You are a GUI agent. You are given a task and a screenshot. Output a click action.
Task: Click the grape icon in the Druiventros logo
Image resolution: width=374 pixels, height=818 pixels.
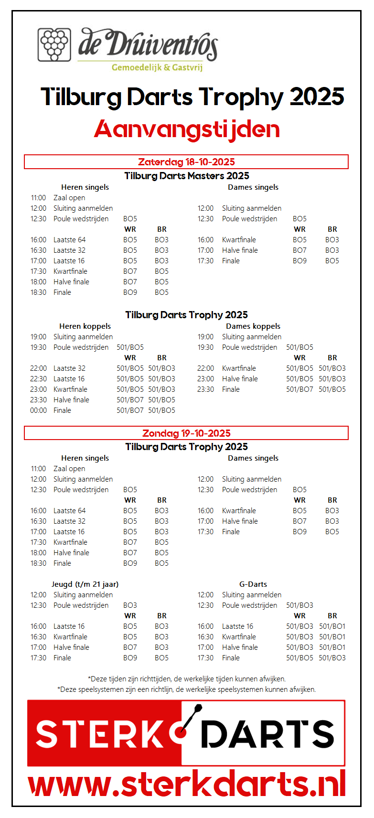(54, 44)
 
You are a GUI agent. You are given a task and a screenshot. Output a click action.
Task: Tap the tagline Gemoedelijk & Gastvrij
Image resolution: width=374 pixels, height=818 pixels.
(157, 67)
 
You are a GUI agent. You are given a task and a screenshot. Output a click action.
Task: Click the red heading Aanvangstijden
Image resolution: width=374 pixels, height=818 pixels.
(187, 129)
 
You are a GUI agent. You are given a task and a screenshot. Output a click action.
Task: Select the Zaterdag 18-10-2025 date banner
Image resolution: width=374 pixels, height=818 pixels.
(186, 162)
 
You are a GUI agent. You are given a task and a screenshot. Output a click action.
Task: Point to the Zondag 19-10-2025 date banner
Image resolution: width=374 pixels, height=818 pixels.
(186, 433)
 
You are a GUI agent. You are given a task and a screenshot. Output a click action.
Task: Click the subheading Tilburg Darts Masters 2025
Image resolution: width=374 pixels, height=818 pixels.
(187, 176)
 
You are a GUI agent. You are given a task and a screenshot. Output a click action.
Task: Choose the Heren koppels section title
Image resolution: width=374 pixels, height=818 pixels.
(85, 326)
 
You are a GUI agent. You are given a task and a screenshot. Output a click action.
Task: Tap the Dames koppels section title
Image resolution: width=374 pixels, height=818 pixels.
(253, 326)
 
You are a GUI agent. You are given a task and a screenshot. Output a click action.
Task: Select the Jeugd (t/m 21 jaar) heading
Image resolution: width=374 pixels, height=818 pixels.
(85, 584)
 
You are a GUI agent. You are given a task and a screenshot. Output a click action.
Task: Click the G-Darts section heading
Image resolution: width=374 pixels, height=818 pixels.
(253, 584)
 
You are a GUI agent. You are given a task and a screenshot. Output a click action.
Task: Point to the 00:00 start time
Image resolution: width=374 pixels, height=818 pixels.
(39, 410)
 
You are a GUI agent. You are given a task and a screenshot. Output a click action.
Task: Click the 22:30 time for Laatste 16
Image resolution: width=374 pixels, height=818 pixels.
(39, 379)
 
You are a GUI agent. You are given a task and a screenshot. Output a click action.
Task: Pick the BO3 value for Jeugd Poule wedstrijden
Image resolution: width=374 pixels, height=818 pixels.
(130, 605)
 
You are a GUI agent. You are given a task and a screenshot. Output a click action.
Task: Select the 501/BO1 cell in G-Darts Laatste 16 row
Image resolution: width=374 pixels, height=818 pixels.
(332, 626)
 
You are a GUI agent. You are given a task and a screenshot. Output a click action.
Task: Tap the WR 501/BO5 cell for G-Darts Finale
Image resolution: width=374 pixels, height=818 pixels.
(299, 658)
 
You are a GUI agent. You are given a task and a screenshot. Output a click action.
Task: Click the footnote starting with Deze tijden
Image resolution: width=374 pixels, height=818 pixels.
(187, 679)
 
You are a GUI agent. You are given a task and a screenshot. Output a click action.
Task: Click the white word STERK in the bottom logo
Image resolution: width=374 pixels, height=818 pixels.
(100, 734)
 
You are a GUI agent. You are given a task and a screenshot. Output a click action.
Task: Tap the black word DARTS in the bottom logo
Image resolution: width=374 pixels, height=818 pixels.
(267, 734)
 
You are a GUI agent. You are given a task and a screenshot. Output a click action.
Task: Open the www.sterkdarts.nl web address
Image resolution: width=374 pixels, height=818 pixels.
(187, 784)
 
